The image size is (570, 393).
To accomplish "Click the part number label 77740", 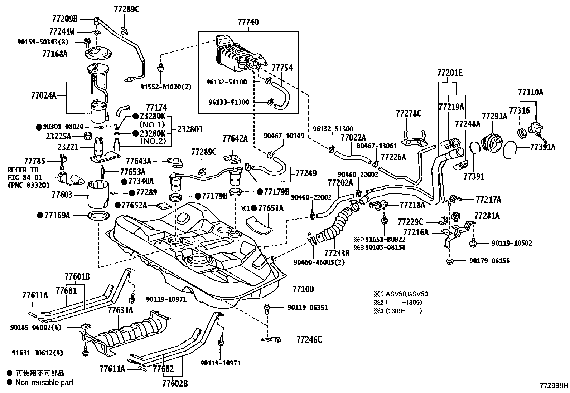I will point(248,22).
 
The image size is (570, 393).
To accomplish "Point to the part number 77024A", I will point(44,95).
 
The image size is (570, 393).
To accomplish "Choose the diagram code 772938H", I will point(554,386).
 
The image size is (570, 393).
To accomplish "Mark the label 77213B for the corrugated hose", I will point(337,253).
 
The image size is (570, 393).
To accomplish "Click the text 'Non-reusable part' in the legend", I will point(44,382).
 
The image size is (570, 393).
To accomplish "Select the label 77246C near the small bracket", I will point(309,339).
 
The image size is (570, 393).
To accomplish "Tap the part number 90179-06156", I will point(489,261).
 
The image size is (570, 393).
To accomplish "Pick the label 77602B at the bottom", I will point(175,384).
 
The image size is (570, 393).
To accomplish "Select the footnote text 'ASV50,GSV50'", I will point(406,294).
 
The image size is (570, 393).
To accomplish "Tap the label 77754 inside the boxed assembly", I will point(282,68).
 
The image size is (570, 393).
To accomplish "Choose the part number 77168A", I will point(54,54).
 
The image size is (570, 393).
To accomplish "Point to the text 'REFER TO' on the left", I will point(23,170).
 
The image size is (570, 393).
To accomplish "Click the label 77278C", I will point(409,114).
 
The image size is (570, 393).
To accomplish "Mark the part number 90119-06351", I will point(308,308).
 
